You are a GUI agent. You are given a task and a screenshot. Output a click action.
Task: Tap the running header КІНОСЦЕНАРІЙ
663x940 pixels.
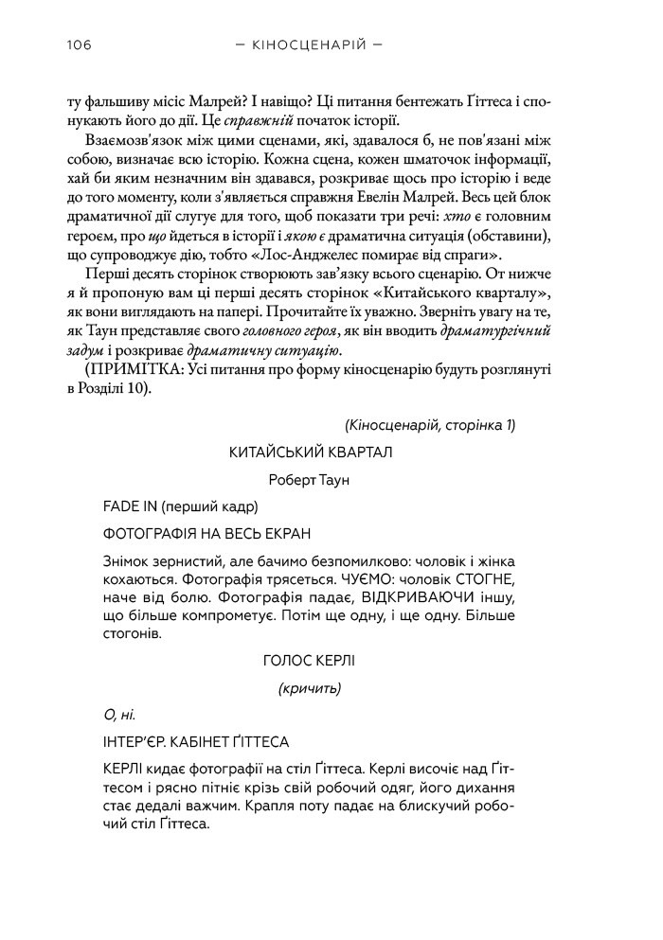point(312,44)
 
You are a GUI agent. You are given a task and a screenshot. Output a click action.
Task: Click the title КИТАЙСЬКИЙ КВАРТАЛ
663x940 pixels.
point(311,452)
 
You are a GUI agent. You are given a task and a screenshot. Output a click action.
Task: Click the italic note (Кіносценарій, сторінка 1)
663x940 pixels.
point(430,425)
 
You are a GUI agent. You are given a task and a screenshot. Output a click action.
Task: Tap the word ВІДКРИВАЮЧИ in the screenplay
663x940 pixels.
point(418,596)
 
